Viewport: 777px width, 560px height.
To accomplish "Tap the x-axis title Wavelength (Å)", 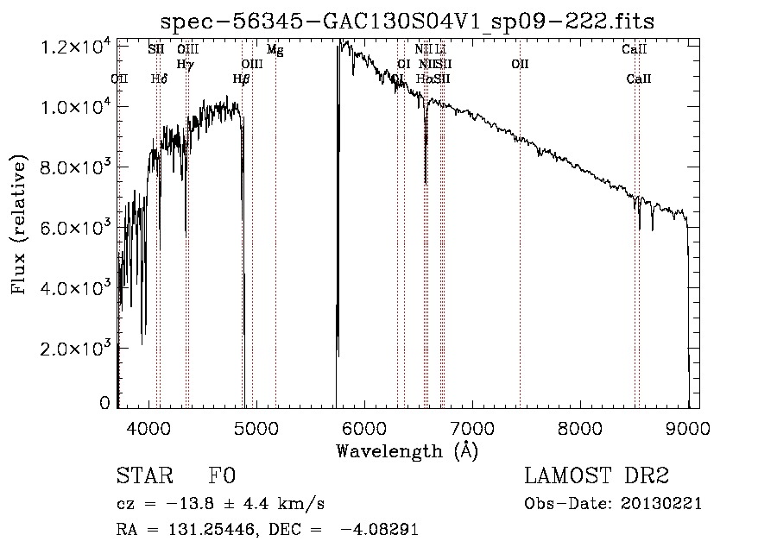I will pyautogui.click(x=407, y=450).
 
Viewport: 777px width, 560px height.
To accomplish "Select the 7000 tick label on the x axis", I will pyautogui.click(x=471, y=427).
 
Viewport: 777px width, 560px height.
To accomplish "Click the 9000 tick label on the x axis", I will pyautogui.click(x=687, y=427).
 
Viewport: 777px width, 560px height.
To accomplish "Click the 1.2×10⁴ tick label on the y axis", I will pyautogui.click(x=78, y=47).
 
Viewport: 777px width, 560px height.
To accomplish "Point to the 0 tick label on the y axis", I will pyautogui.click(x=104, y=403).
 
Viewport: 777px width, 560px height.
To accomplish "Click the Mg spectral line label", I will pyautogui.click(x=275, y=50).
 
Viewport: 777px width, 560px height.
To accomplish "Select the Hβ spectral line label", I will pyautogui.click(x=242, y=79).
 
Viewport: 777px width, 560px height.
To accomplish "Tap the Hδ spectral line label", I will pyautogui.click(x=159, y=79).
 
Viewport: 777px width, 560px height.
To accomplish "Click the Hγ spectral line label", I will pyautogui.click(x=185, y=65).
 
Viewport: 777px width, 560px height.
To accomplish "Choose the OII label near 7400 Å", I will pyautogui.click(x=520, y=65).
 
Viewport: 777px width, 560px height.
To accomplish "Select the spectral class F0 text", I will pyautogui.click(x=222, y=477).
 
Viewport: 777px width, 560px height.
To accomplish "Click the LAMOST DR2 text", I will pyautogui.click(x=597, y=477).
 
